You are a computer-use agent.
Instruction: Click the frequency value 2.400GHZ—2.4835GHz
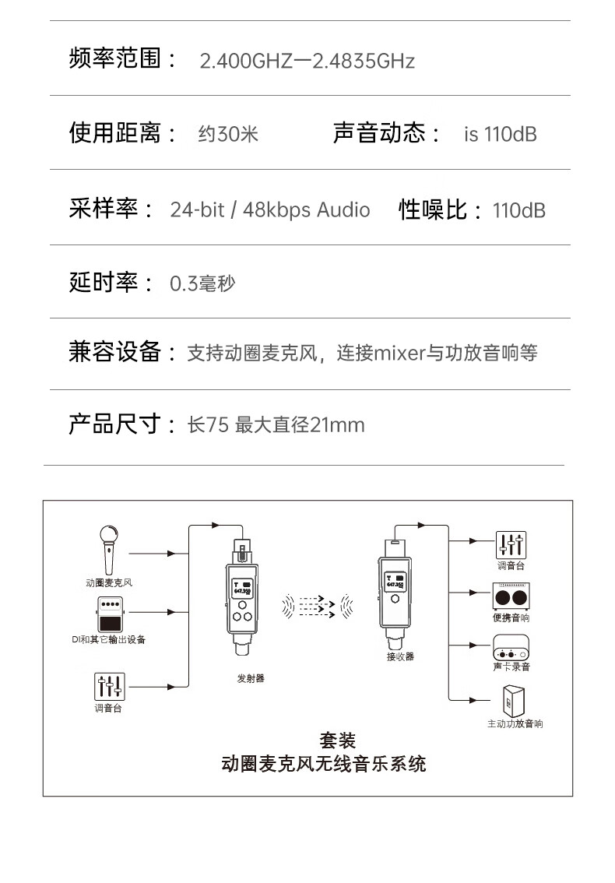click(x=307, y=61)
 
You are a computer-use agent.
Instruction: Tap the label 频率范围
click(x=117, y=59)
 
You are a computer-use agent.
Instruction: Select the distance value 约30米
click(x=228, y=134)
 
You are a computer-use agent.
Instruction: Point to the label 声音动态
click(x=379, y=133)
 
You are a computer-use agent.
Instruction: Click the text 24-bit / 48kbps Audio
click(x=270, y=209)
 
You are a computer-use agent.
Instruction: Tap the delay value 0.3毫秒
click(x=202, y=283)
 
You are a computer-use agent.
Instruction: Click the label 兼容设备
click(x=117, y=353)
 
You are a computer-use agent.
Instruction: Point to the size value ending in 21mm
click(x=276, y=425)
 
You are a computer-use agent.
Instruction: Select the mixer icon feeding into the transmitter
click(x=109, y=686)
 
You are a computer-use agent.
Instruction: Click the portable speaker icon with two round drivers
click(x=511, y=596)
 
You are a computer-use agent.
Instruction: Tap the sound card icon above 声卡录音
click(x=511, y=647)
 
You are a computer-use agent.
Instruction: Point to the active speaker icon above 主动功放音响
click(x=515, y=700)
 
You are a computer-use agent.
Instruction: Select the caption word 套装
click(x=338, y=741)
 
